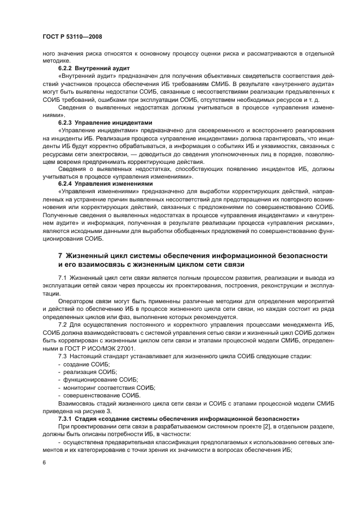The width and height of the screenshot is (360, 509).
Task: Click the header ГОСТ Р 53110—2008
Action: coord(70,35)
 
